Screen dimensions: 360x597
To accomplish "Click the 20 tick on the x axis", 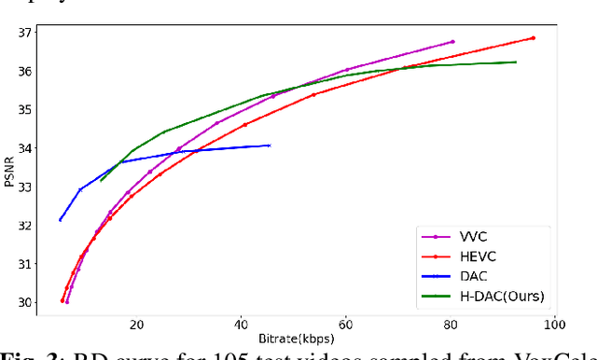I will [x=136, y=325].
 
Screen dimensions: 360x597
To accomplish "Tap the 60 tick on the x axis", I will [x=346, y=325].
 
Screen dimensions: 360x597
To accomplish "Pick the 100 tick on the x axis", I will [x=555, y=325].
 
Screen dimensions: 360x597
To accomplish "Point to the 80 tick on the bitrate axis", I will [x=451, y=325].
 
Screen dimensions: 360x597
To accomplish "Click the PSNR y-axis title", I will [x=8, y=168].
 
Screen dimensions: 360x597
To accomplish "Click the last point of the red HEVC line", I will [x=533, y=38].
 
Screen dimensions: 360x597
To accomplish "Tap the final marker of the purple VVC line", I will [x=452, y=42].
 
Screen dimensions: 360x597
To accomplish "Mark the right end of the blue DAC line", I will [x=269, y=145].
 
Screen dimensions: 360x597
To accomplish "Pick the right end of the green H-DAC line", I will [x=516, y=62].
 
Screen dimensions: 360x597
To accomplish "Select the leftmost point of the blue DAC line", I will [x=60, y=220].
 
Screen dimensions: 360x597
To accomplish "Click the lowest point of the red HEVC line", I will [x=62, y=300].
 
